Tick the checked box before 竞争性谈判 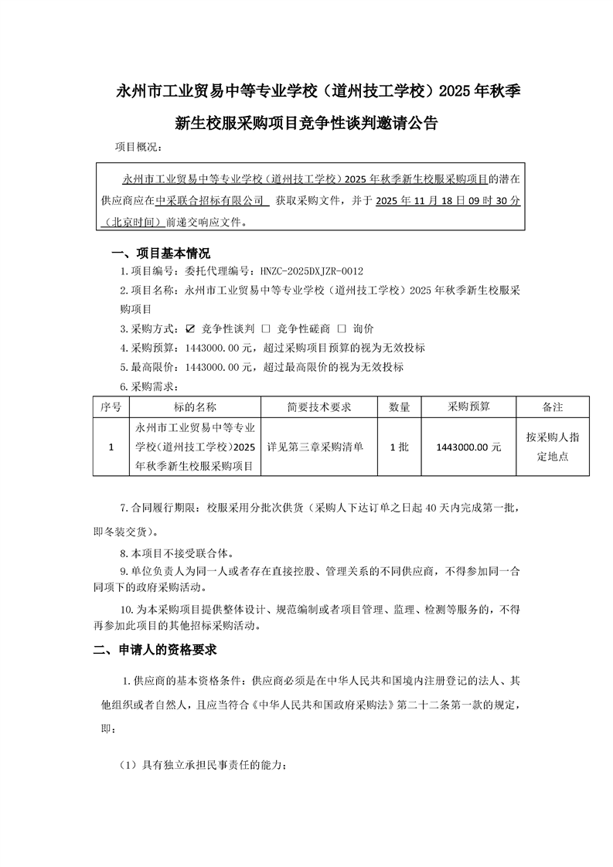191,328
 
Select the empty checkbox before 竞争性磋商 265,328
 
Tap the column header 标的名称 195,406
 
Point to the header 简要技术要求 319,406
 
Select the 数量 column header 399,406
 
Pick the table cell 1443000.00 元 468,447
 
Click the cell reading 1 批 399,447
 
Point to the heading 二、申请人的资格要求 155,649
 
